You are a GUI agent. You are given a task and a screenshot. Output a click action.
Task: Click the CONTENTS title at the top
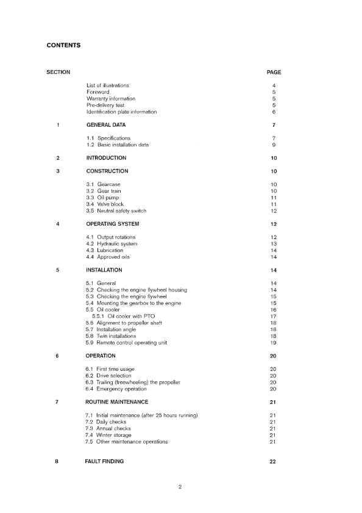click(x=63, y=45)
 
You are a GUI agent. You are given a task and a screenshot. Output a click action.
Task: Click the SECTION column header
click(x=58, y=73)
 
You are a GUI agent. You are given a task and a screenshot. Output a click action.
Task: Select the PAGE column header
click(x=274, y=73)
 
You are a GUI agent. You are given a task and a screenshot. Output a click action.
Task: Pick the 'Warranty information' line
click(x=111, y=98)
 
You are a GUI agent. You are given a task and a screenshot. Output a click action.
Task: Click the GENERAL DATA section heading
click(x=106, y=125)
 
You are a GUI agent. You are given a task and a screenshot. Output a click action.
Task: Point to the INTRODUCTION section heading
click(x=106, y=158)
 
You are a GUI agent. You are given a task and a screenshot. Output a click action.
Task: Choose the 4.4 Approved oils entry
click(x=108, y=257)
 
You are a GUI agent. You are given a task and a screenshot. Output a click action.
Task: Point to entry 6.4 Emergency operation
click(x=116, y=389)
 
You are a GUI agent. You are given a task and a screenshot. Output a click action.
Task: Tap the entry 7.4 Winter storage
click(x=108, y=435)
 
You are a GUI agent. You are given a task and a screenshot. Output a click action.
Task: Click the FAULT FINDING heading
click(x=104, y=462)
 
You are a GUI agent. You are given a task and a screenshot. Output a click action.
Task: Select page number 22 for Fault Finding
click(x=273, y=462)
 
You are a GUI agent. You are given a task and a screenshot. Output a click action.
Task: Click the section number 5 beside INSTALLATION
click(x=57, y=270)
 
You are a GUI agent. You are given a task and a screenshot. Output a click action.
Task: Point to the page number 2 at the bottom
click(x=180, y=487)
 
